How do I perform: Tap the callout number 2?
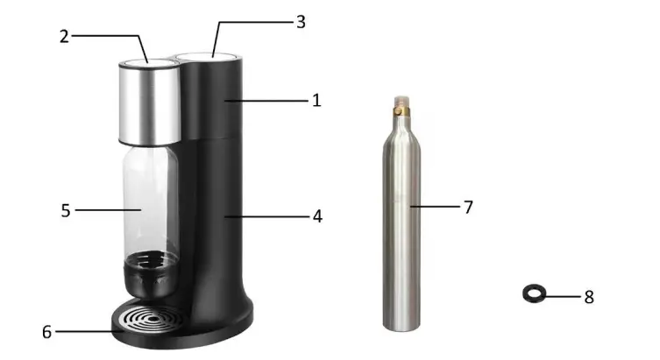(x=64, y=36)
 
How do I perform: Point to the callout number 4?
(x=316, y=215)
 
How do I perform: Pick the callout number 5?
(x=65, y=210)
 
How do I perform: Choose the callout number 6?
(x=46, y=332)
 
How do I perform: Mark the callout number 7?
(x=468, y=207)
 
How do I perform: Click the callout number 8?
(x=589, y=297)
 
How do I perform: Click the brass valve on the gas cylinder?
(x=401, y=112)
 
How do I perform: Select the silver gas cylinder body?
(x=402, y=228)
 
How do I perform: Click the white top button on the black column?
(x=205, y=56)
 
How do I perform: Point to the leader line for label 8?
(x=563, y=297)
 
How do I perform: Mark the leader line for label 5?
(x=105, y=210)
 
